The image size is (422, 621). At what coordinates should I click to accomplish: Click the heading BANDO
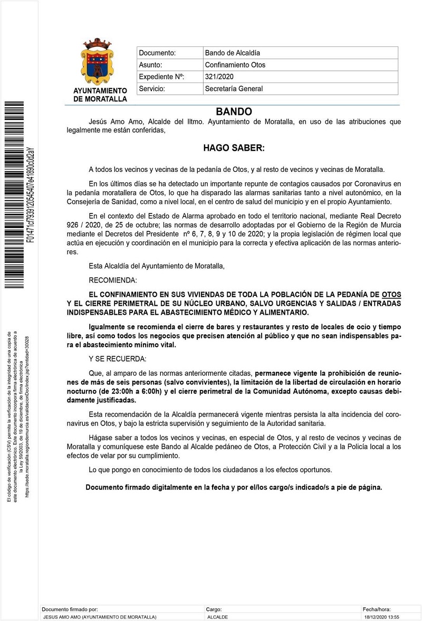[x=234, y=112]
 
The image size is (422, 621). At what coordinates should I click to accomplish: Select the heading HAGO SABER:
[x=234, y=149]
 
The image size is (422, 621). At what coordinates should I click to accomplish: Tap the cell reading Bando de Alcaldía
[x=232, y=53]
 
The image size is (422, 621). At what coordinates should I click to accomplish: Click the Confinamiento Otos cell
[x=235, y=65]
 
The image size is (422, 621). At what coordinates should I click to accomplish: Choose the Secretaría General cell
[x=233, y=89]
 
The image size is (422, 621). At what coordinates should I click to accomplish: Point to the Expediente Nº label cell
[x=161, y=77]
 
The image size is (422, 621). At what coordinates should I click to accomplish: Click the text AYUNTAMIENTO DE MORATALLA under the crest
[x=100, y=95]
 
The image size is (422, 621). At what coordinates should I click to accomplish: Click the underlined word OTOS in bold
[x=391, y=295]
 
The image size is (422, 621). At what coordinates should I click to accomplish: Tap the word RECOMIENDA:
[x=113, y=279]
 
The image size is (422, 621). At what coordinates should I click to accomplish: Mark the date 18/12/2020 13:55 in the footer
[x=381, y=616]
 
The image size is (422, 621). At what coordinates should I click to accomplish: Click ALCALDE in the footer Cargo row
[x=217, y=616]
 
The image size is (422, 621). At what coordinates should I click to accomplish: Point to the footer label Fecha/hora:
[x=376, y=609]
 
